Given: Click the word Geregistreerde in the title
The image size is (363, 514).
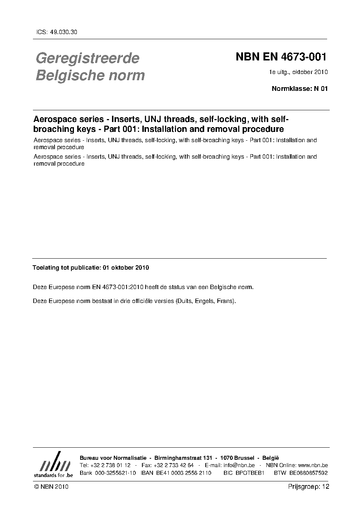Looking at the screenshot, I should point(87,58).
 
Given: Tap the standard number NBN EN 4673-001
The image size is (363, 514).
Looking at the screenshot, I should point(281,57).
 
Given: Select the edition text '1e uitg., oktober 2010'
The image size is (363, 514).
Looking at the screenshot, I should point(298,72).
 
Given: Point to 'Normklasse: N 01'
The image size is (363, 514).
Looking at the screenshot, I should point(300,88).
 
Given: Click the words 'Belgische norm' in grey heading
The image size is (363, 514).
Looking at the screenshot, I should point(90,75).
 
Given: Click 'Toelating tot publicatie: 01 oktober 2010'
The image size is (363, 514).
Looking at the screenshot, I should point(91,267).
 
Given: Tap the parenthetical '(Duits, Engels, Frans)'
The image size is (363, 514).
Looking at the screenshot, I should point(206,301).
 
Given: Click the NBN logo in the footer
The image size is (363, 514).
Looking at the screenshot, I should point(54,465).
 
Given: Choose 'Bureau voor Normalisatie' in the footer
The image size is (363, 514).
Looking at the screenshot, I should point(113,458).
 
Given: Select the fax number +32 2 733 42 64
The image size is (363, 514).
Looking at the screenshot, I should point(174,465).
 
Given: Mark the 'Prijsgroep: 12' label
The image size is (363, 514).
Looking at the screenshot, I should point(308,487).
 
